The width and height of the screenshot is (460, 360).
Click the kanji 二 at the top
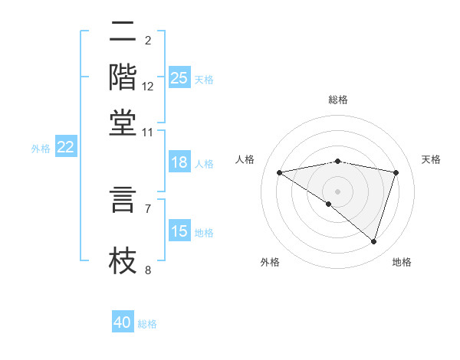123,33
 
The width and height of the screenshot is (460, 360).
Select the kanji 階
123,77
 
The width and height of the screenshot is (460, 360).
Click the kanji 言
123,199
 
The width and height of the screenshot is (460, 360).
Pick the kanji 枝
123,259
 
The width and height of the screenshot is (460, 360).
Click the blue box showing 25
179,78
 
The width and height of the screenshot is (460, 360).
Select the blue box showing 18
179,162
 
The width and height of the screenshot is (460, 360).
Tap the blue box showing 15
179,231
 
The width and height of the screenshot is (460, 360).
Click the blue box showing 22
65,148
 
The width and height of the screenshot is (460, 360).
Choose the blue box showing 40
123,322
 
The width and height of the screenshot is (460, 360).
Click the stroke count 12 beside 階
148,86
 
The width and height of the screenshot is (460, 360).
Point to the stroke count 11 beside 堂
148,132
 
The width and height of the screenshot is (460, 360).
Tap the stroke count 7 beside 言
148,208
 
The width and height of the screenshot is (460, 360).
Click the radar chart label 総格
338,100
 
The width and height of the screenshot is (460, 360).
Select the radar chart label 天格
431,159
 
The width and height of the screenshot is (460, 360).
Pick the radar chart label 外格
270,262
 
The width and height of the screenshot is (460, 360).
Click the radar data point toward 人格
280,172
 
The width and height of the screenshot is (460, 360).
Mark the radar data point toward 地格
373,241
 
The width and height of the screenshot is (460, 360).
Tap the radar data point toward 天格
396,172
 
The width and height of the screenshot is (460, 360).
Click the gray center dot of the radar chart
338,191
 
